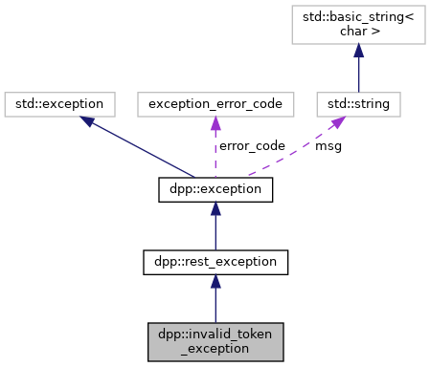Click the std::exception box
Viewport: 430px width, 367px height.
(x=60, y=100)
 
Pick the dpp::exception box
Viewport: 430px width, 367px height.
(x=215, y=190)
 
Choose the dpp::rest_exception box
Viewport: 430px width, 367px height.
(x=215, y=259)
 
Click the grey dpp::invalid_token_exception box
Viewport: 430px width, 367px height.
(x=215, y=341)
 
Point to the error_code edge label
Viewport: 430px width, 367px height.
(x=252, y=146)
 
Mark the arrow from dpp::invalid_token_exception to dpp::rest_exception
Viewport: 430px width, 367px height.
(x=215, y=301)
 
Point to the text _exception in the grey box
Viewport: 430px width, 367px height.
(x=215, y=349)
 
